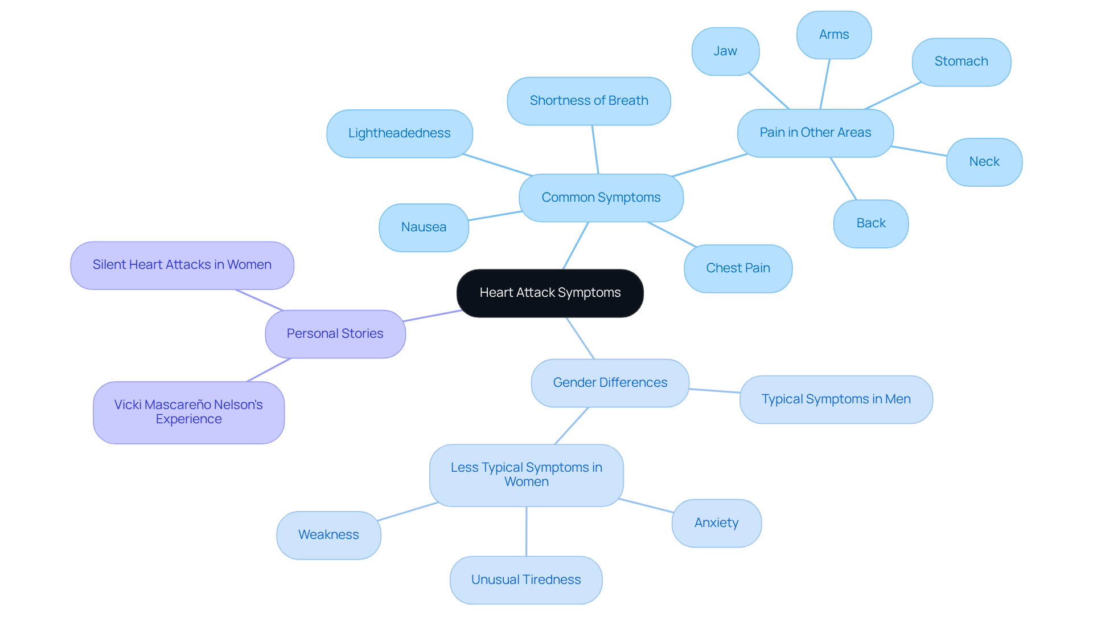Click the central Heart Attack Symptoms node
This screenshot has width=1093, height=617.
(x=550, y=293)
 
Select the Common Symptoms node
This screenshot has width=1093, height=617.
(x=601, y=198)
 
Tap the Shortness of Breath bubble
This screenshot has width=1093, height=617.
(x=589, y=101)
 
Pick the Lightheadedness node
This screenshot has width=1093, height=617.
(x=399, y=133)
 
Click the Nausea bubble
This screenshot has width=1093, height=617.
(x=424, y=227)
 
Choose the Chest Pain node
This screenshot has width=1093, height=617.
(x=738, y=268)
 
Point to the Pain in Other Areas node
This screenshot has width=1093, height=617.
(x=815, y=133)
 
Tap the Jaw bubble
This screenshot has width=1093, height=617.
(x=725, y=51)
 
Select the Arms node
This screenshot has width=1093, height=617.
(x=834, y=35)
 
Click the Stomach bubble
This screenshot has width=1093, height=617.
(x=961, y=62)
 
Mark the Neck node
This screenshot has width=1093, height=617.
(x=984, y=162)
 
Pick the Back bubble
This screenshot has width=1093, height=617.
(x=871, y=223)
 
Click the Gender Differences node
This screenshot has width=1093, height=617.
(x=610, y=383)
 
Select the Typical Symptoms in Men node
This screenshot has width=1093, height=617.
(x=836, y=399)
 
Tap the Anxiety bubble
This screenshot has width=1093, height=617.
(x=716, y=523)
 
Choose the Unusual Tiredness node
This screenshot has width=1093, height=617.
(x=526, y=580)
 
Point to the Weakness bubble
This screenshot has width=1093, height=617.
(x=328, y=535)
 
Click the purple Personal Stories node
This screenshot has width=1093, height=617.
(x=335, y=334)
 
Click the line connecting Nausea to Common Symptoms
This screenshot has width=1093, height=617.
(x=494, y=216)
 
